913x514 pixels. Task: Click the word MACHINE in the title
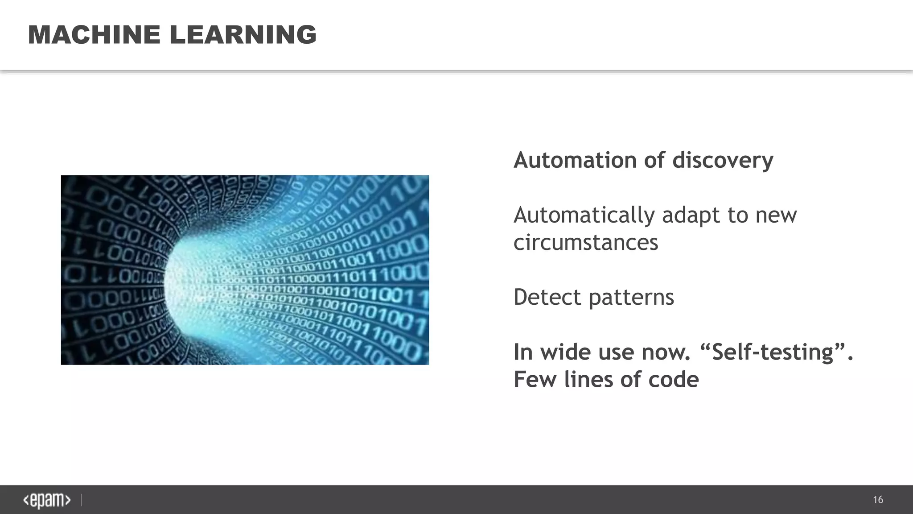coord(94,35)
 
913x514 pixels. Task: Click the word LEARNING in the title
coord(243,35)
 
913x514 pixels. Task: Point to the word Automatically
coord(584,216)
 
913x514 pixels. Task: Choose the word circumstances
coord(586,243)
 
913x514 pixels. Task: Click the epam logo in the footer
coord(47,501)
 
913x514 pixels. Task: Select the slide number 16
coord(878,500)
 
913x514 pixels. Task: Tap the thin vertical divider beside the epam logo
coord(81,500)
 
